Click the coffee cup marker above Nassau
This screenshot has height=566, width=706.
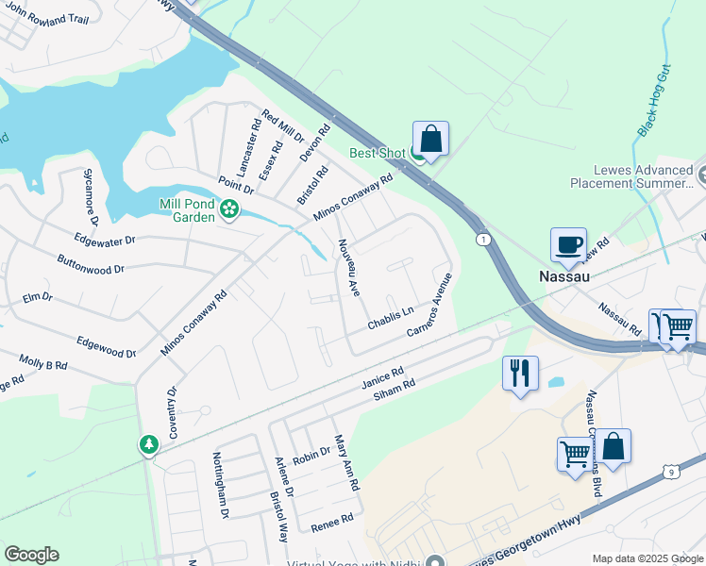(568, 245)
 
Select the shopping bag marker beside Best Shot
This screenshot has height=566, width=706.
(430, 139)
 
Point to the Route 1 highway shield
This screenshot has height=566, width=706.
(482, 240)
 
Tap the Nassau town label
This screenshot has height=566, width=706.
(563, 277)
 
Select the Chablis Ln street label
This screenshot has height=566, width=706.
(391, 318)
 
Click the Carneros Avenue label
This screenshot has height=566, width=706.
(430, 306)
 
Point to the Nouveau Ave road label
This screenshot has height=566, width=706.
(349, 268)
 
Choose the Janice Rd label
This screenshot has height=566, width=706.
(382, 378)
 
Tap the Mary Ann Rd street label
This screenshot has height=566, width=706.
(346, 462)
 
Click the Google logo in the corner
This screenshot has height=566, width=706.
(31, 555)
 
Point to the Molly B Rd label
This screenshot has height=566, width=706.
(43, 361)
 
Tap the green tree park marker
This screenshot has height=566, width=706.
(148, 443)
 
